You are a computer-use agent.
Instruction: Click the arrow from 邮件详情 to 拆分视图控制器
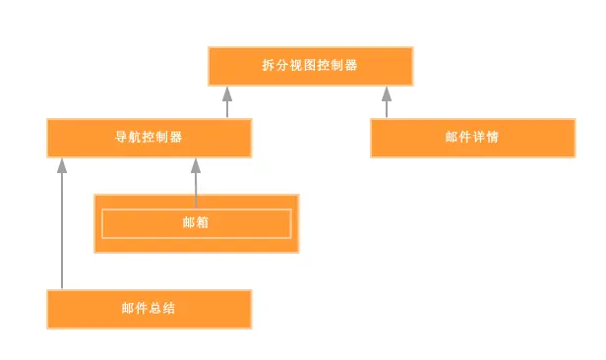point(387,104)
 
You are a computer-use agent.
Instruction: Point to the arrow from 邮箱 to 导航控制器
point(196,182)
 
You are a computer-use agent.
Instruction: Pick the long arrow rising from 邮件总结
point(62,226)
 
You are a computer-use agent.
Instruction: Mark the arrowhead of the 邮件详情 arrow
point(387,94)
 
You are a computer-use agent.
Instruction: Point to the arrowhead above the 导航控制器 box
point(227,94)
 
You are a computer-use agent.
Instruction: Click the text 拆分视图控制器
point(309,66)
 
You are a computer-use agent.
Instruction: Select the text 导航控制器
point(149,137)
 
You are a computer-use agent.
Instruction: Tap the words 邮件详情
point(472,137)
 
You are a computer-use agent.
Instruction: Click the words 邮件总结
point(149,308)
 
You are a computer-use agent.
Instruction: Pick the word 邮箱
point(196,223)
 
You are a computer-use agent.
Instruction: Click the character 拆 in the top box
point(268,66)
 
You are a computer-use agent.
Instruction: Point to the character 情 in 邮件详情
point(493,137)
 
